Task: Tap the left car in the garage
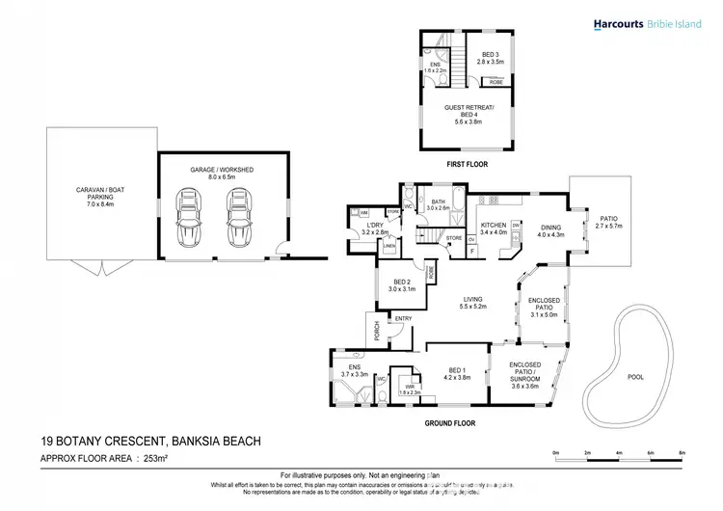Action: pos(188,218)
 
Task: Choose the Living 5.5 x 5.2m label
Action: pos(472,302)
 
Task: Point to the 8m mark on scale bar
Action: pos(683,452)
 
